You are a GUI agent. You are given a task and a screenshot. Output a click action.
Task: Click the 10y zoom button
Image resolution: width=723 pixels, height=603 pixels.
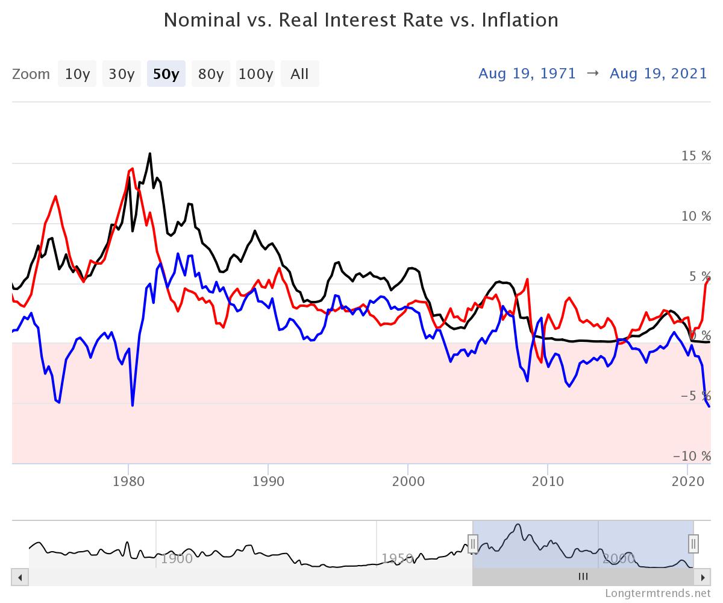coord(77,74)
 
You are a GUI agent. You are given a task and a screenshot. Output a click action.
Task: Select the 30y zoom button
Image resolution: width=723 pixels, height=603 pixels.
coord(121,74)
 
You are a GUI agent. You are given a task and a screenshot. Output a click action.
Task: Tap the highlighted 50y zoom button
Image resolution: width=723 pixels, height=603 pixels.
coord(166,74)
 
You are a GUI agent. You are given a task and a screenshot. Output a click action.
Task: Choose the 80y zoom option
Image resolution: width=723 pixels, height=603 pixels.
coord(211,74)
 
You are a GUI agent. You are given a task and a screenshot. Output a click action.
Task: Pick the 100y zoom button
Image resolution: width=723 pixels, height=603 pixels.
coord(255,74)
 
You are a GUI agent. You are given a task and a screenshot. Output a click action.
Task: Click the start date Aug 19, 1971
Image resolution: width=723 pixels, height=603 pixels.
coord(527,74)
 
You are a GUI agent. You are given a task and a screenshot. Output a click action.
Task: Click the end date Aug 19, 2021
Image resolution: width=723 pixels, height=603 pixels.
coord(659,74)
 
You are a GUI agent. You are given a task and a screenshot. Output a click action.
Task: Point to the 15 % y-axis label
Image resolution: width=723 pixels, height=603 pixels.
coord(696,156)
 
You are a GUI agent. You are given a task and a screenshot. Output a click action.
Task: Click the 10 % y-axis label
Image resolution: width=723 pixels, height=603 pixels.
coord(696,216)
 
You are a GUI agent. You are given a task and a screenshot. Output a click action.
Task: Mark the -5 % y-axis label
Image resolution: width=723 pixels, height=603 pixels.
coord(696,396)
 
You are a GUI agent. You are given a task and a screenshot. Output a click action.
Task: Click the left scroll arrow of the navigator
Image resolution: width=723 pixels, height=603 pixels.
coord(20,577)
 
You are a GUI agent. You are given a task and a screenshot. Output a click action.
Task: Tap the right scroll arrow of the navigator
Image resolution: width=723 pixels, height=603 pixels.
coord(703,577)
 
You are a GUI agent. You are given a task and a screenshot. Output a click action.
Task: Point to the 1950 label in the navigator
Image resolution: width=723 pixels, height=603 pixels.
coord(398,558)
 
